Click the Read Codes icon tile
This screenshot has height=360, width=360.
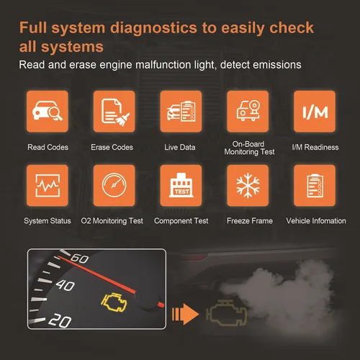[x=46, y=112]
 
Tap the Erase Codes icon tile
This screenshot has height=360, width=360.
[x=113, y=112]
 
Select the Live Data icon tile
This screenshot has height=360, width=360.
[x=180, y=112]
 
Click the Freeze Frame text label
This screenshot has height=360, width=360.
[x=249, y=220]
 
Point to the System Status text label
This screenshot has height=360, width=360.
[x=48, y=220]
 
